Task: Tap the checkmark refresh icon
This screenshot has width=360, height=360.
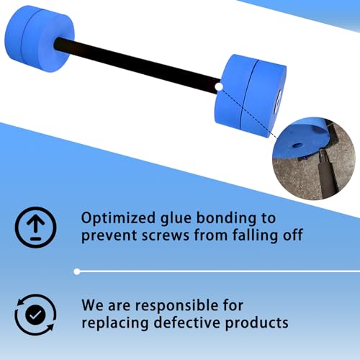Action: [34, 314]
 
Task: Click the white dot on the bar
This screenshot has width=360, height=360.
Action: [218, 86]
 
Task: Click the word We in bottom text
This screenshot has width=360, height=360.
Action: [94, 306]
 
